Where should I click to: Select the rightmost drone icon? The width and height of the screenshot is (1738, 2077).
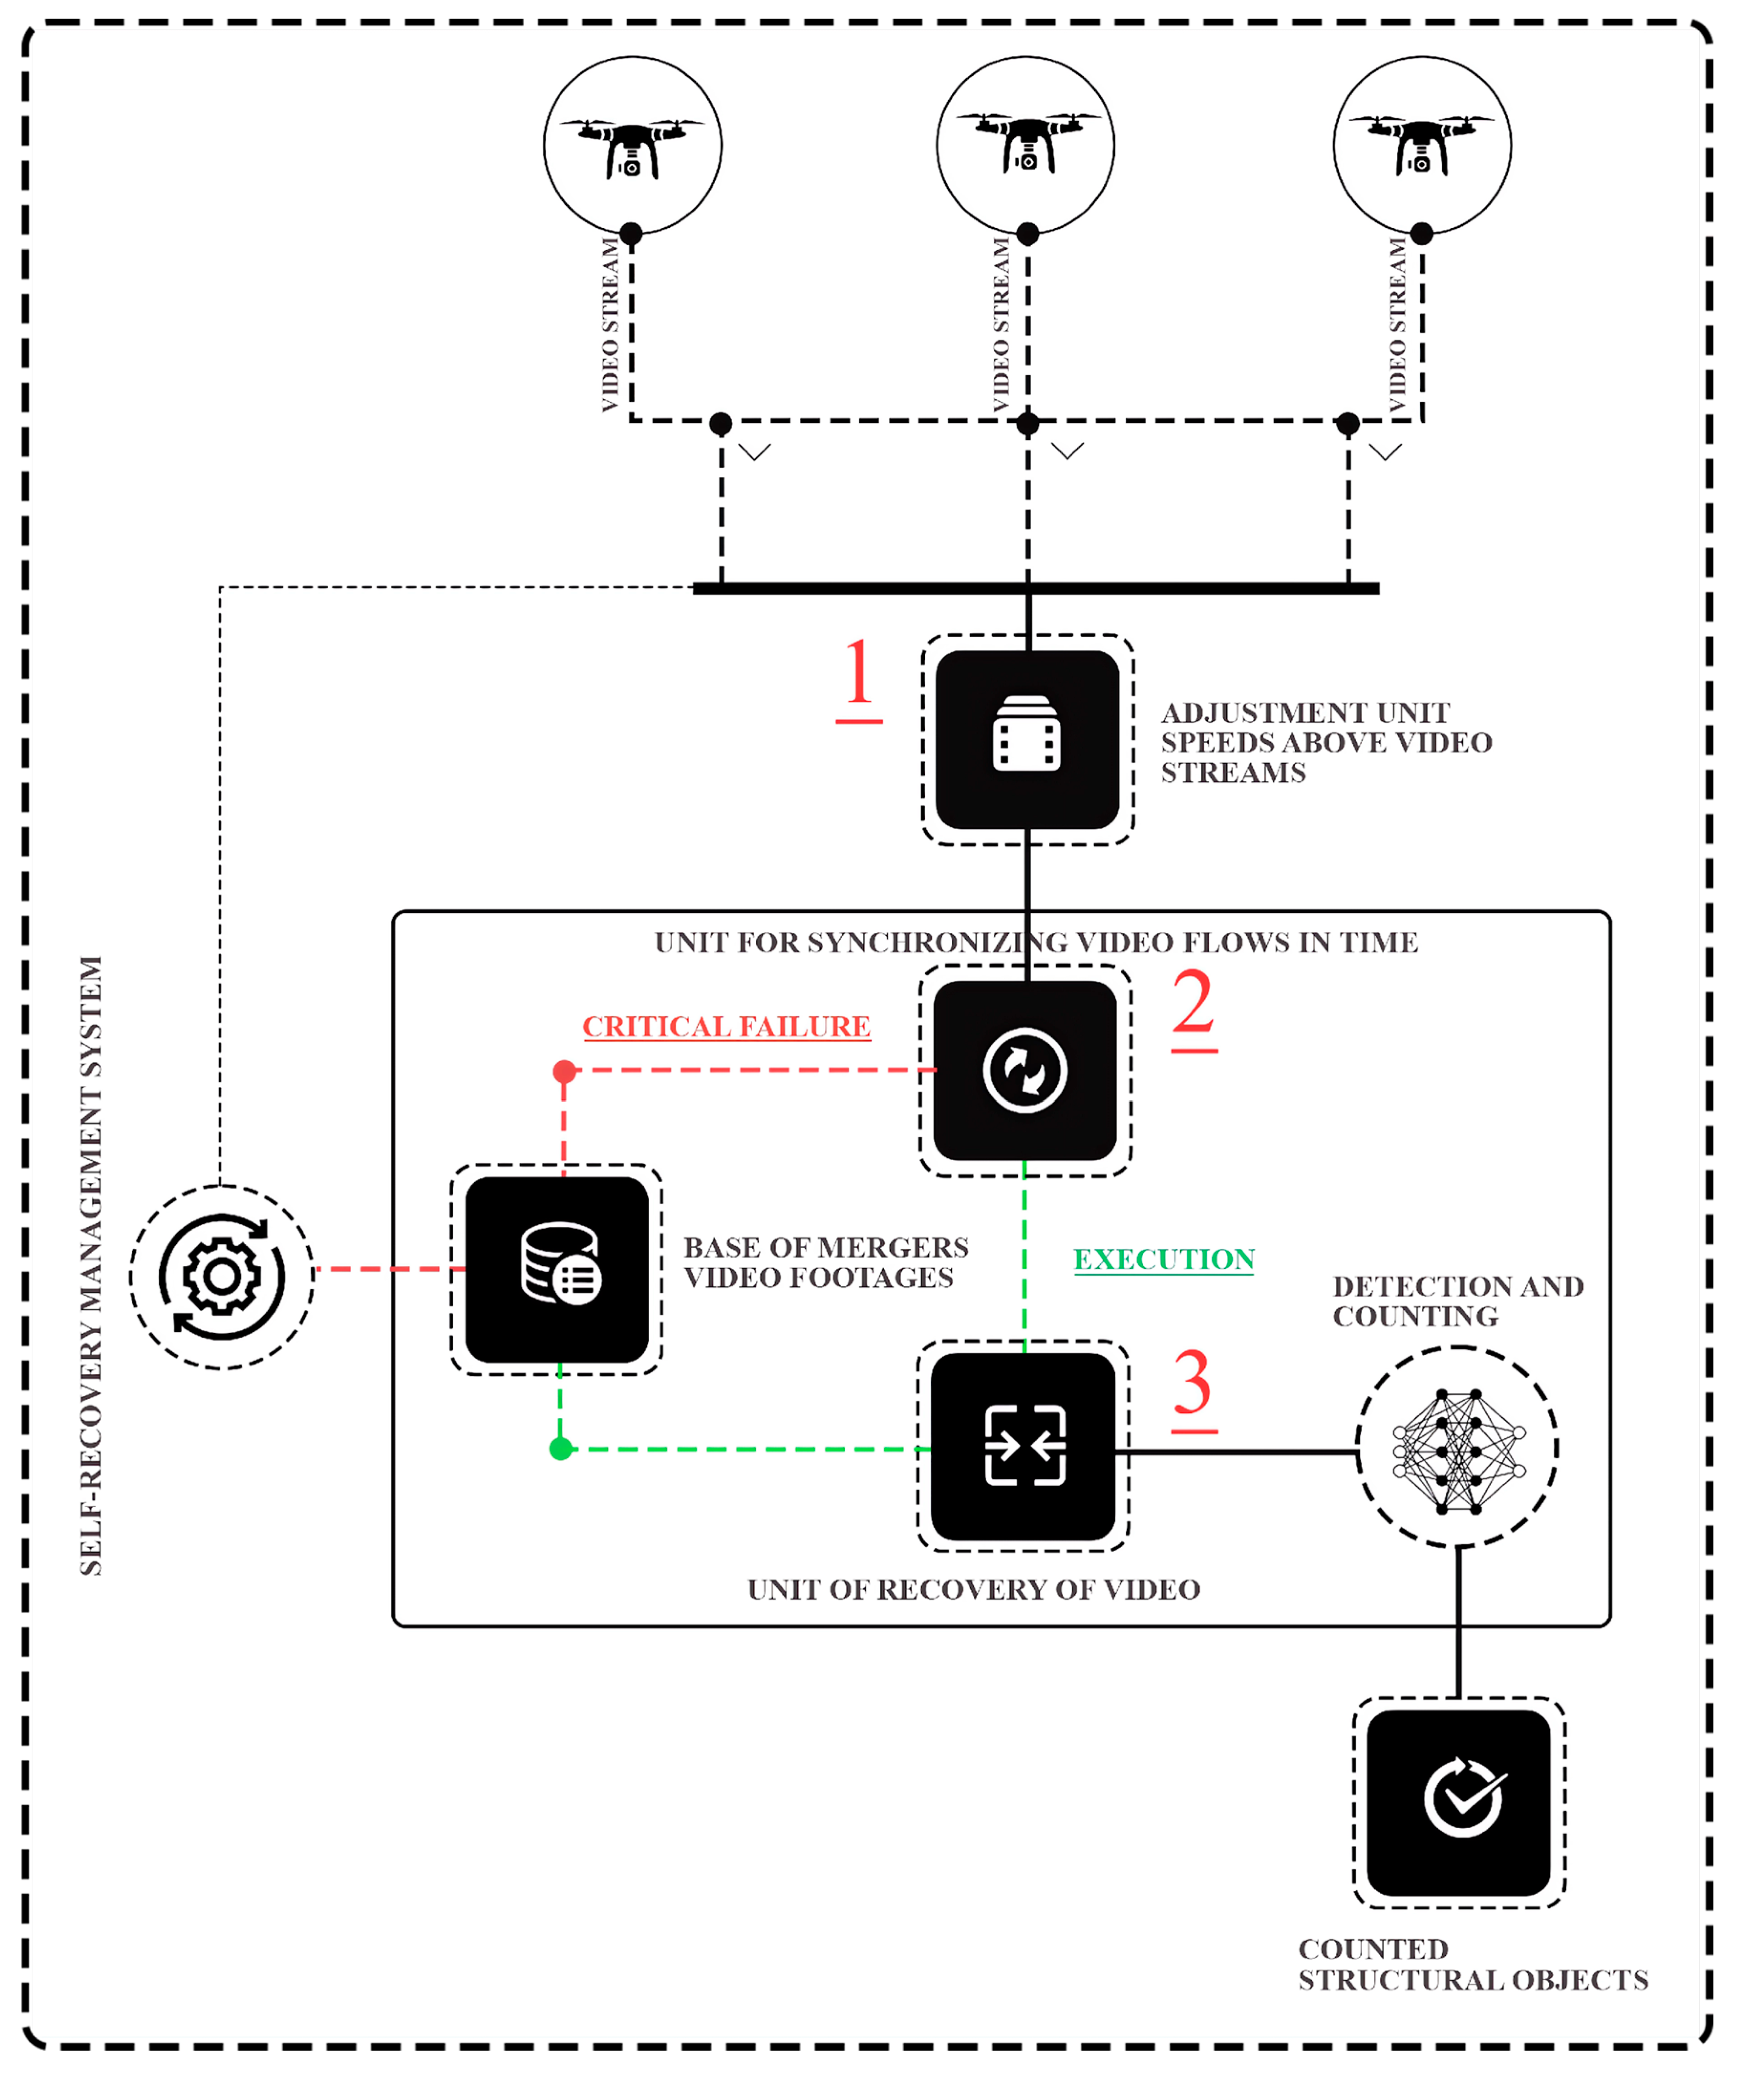click(1422, 143)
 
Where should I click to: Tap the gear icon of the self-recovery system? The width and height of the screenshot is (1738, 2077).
click(223, 1277)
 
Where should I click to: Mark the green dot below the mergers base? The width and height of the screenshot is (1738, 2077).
click(561, 1449)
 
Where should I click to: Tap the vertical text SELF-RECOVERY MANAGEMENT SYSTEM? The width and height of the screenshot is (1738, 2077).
click(91, 1266)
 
